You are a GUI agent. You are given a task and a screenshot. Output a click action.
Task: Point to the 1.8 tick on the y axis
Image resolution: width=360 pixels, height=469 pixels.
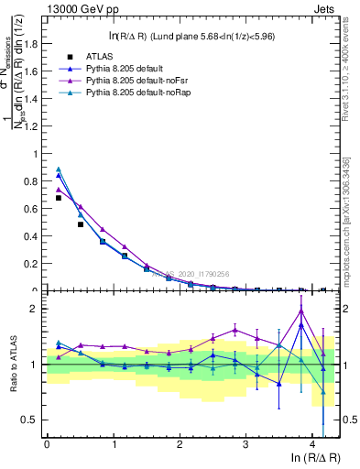34,44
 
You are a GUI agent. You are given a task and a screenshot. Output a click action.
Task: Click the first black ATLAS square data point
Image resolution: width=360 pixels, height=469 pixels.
59,198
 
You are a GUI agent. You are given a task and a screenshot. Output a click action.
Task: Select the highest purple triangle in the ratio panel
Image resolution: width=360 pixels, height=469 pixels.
301,311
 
